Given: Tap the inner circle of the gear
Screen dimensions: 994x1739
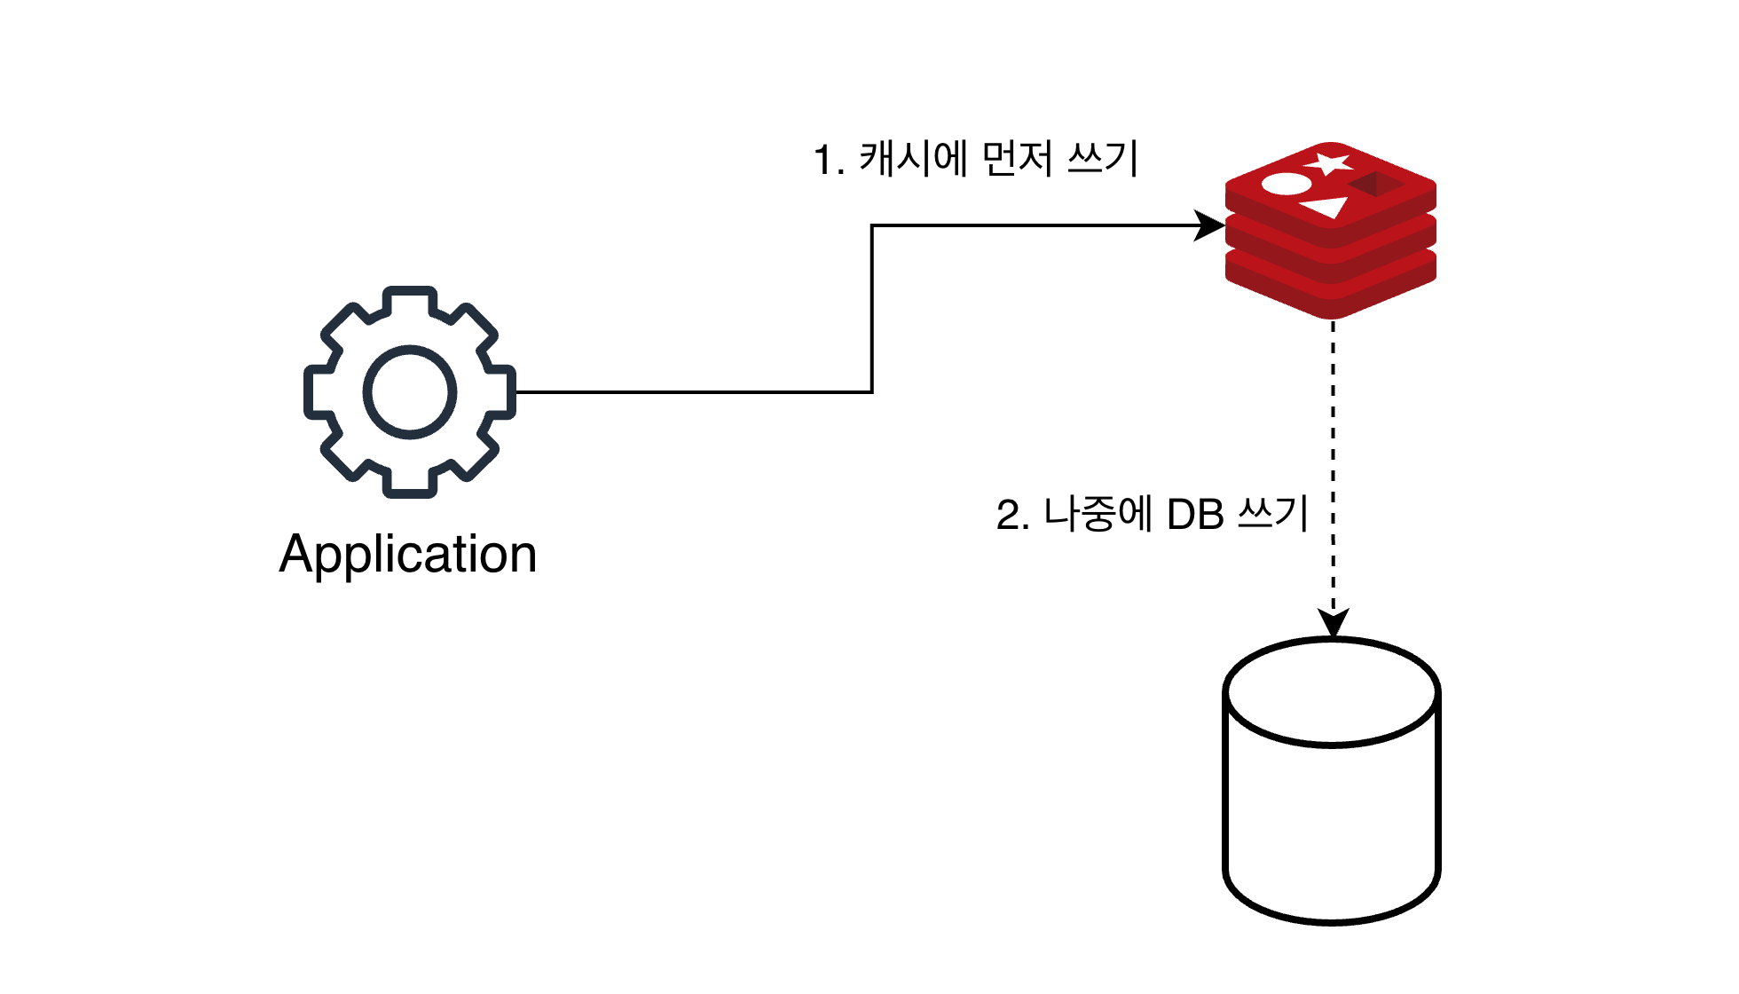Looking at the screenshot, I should (x=409, y=392).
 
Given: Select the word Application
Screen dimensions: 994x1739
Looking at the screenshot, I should (x=408, y=554).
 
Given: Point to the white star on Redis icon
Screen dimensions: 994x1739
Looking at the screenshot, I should (x=1328, y=163).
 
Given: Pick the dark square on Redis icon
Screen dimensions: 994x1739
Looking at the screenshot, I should (x=1376, y=184).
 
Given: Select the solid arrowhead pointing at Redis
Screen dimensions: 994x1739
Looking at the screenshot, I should (x=1209, y=225).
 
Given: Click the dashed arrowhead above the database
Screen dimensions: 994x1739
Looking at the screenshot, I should (x=1333, y=622).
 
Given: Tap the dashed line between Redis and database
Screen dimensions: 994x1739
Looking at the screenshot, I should (x=1333, y=444).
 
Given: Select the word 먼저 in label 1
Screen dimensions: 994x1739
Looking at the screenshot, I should (x=1019, y=159).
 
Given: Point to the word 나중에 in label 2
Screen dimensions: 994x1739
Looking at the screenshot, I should (x=1098, y=514).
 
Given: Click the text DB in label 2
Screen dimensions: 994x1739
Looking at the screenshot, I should (x=1195, y=515).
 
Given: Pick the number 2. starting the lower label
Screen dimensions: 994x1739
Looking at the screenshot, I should (x=1012, y=516).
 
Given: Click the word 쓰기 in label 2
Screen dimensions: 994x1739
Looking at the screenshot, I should (x=1273, y=514).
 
